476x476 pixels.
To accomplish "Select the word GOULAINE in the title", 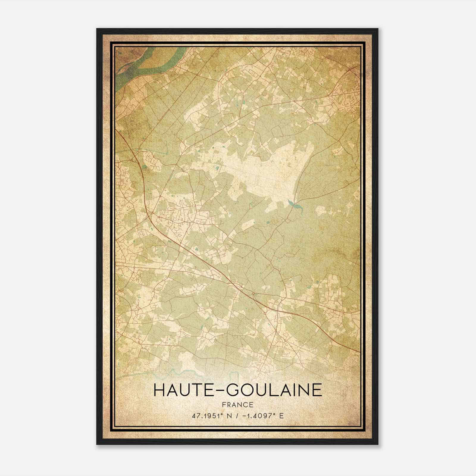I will tap(275, 390).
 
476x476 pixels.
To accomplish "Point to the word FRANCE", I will tap(238, 405).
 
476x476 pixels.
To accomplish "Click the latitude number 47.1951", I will tap(206, 416).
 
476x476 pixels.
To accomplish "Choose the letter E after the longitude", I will tap(281, 416).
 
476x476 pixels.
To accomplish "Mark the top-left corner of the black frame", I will tap(97, 29).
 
